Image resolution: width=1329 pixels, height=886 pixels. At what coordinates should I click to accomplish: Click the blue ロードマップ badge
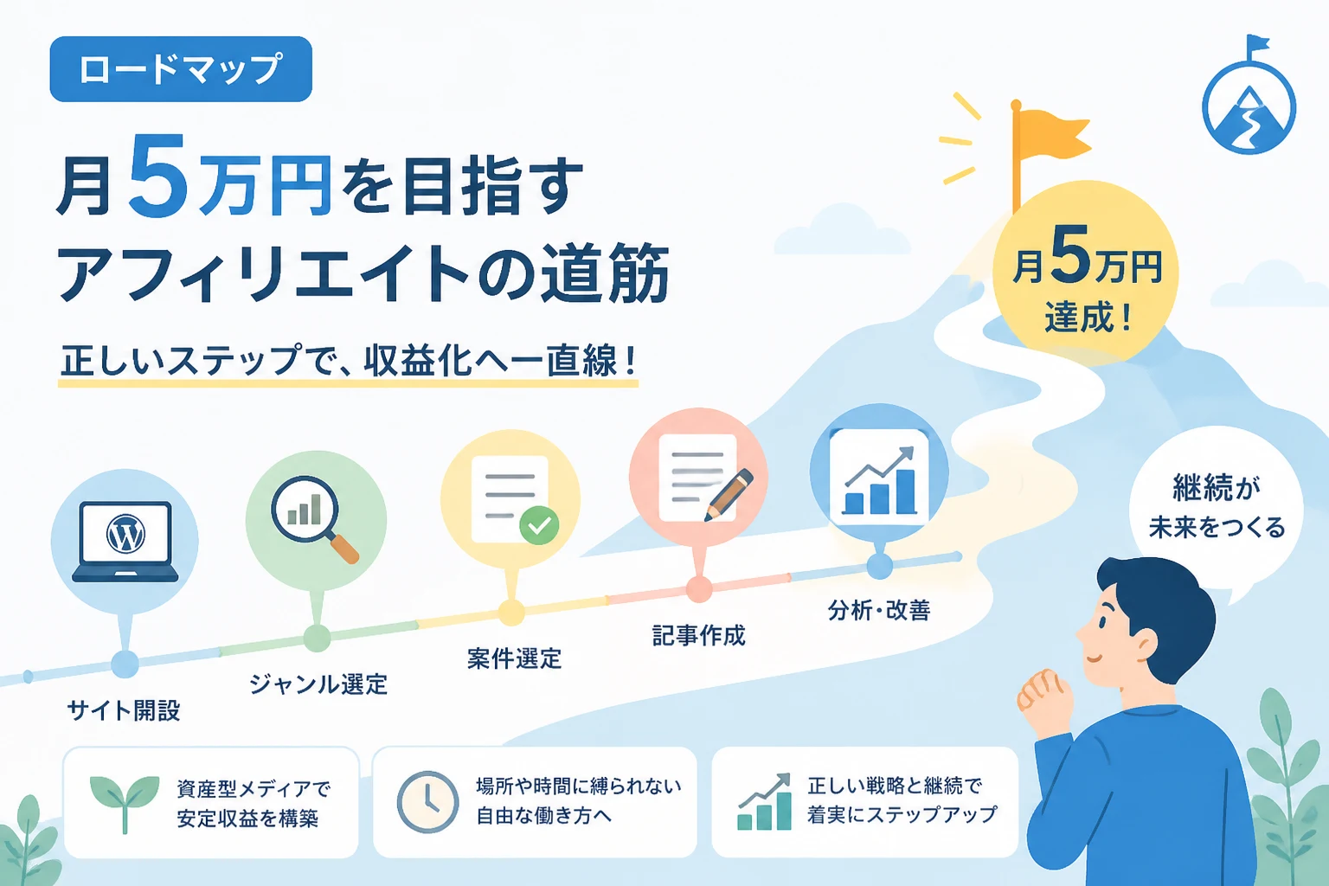click(181, 69)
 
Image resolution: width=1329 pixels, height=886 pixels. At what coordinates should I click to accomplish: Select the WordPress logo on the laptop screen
click(125, 534)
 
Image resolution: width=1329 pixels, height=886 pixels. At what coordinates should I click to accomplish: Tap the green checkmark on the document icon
click(539, 525)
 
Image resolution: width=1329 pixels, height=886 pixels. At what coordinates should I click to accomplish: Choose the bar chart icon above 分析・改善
click(879, 481)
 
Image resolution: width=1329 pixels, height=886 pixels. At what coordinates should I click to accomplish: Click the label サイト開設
click(124, 709)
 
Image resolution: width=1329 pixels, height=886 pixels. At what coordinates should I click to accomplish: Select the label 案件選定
click(514, 658)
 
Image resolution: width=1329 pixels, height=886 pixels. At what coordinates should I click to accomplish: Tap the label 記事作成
click(698, 635)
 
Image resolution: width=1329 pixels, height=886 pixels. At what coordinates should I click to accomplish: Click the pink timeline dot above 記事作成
click(699, 588)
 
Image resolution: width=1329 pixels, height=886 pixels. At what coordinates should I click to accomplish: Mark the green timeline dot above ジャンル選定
click(317, 639)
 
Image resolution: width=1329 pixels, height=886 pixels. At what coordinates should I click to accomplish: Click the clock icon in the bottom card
click(427, 802)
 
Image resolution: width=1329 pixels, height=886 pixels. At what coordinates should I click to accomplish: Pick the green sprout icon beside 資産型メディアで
click(125, 802)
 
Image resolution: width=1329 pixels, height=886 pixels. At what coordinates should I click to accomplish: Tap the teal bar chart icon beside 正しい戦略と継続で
click(764, 802)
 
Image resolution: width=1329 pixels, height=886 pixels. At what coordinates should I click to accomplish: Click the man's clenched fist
click(1045, 698)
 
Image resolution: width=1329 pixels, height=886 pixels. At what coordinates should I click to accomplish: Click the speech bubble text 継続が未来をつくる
click(1217, 506)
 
